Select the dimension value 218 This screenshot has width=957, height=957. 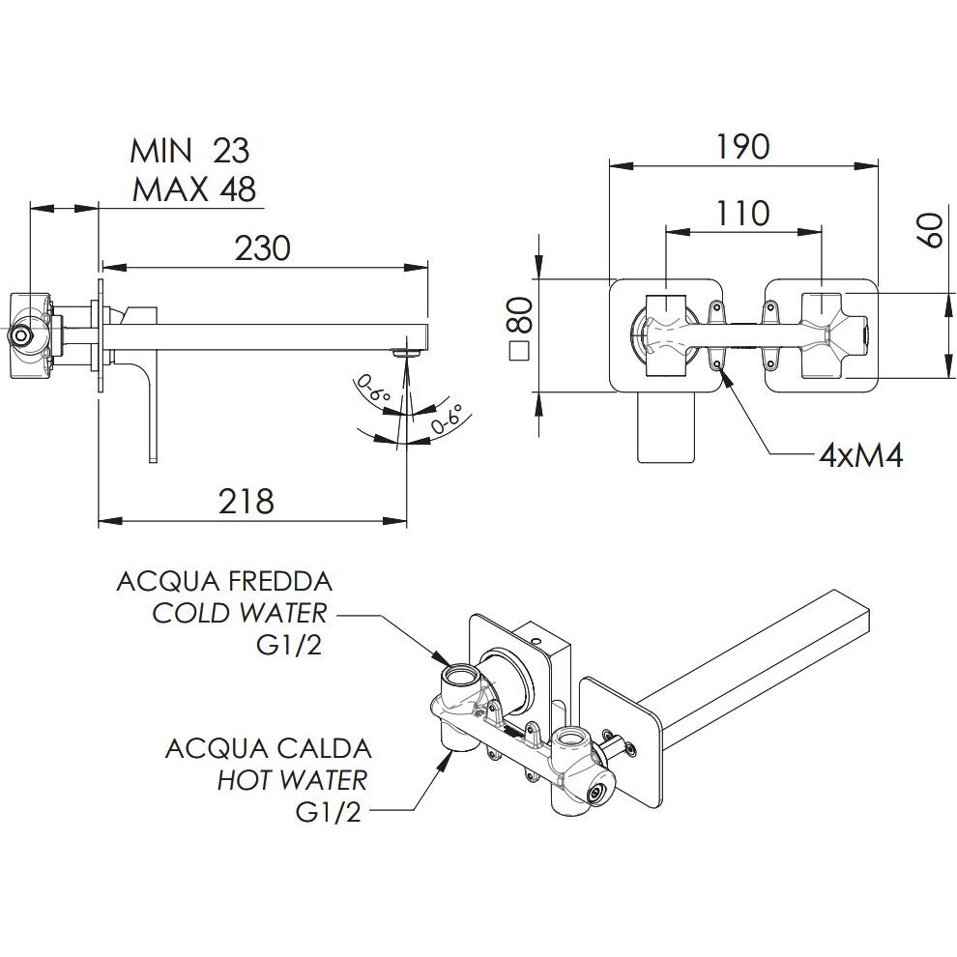click(x=246, y=501)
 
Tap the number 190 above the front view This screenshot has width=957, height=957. click(x=743, y=146)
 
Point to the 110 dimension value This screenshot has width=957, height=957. click(x=743, y=212)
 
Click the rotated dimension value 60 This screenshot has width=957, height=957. click(x=931, y=232)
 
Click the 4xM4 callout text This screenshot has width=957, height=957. click(x=859, y=455)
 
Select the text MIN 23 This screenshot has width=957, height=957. click(x=190, y=151)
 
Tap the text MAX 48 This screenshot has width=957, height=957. click(x=194, y=188)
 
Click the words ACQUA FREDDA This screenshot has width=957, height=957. click(x=224, y=582)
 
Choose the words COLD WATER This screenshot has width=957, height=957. click(x=240, y=614)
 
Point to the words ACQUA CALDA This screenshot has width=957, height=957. click(x=268, y=748)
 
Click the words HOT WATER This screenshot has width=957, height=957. click(x=292, y=779)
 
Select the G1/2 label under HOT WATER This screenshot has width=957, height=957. click(x=328, y=812)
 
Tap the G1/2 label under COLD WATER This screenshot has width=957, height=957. click(x=289, y=645)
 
